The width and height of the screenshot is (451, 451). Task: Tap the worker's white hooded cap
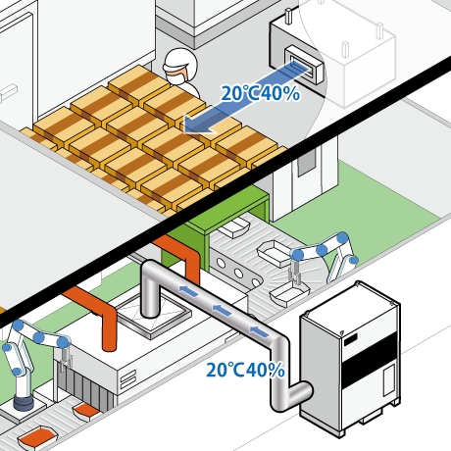[180, 62]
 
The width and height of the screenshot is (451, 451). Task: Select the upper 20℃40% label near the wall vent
[261, 94]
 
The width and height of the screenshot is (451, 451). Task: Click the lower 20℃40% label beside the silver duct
[245, 370]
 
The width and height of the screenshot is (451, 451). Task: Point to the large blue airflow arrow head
[197, 125]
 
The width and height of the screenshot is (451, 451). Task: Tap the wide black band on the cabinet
[370, 357]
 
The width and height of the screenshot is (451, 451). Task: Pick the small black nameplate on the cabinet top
[350, 339]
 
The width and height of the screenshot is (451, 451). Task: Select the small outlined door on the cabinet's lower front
[388, 380]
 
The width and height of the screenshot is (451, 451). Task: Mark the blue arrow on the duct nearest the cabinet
[260, 331]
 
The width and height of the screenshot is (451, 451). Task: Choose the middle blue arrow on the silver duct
[222, 310]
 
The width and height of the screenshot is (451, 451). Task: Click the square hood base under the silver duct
[153, 316]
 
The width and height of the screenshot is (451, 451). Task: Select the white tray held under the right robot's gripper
[289, 293]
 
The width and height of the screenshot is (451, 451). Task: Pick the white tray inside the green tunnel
[234, 227]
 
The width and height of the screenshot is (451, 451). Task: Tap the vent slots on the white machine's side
[128, 379]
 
